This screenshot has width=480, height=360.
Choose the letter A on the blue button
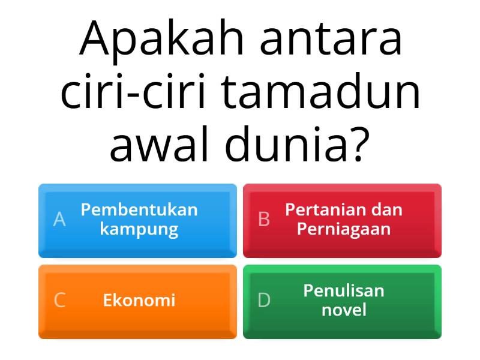(59, 220)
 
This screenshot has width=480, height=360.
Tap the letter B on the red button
(264, 220)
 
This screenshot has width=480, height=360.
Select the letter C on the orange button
(59, 300)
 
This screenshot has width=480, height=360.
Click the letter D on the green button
(264, 300)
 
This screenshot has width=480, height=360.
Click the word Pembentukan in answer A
(139, 210)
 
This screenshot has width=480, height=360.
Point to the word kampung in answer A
(139, 230)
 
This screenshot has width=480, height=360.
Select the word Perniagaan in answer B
(344, 229)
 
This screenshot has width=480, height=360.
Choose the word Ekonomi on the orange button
(139, 300)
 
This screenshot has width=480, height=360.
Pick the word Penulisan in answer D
(344, 291)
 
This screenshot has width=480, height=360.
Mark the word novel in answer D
(344, 310)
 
